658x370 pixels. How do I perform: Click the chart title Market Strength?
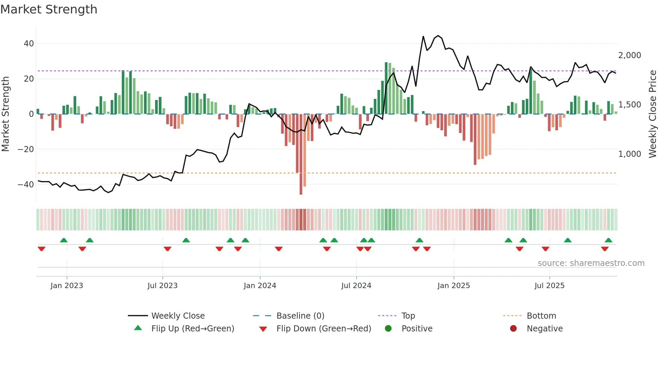[49, 9]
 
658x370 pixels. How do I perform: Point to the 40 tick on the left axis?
[29, 44]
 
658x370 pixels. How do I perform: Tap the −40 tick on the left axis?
[26, 184]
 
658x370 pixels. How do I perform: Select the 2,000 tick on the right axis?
[629, 55]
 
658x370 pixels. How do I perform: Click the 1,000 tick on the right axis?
[629, 154]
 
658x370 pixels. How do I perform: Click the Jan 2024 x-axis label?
[260, 286]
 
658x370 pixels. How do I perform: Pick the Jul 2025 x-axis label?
[549, 286]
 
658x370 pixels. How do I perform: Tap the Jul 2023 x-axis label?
[162, 286]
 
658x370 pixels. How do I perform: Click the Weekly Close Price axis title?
[652, 114]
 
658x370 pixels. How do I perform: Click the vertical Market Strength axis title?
[5, 114]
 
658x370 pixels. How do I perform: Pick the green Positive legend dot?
[388, 329]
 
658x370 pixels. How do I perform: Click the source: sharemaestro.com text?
[591, 263]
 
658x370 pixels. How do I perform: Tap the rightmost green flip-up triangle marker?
[608, 240]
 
